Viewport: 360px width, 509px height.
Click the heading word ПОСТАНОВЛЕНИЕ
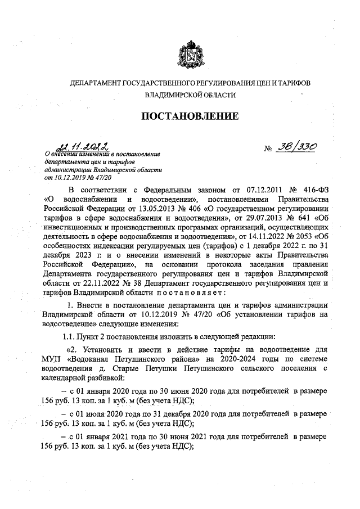click(x=189, y=116)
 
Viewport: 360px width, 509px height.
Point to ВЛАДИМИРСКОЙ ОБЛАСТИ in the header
click(x=190, y=96)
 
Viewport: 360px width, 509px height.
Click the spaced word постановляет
click(x=194, y=292)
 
